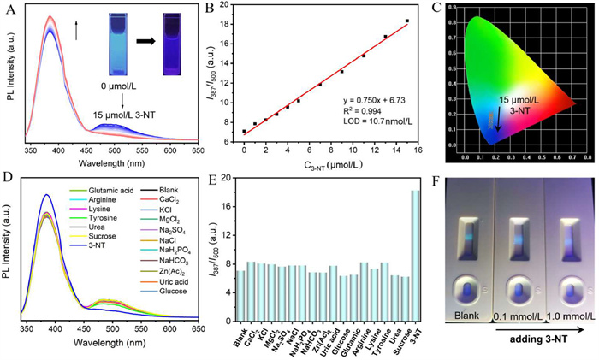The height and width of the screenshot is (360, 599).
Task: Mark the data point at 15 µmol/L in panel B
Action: [x=407, y=21]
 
